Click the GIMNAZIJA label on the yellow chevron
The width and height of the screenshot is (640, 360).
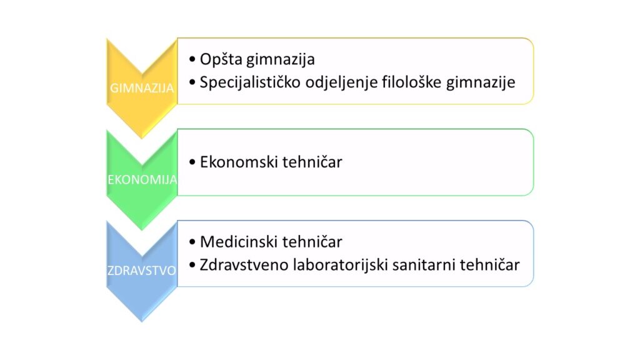click(142, 87)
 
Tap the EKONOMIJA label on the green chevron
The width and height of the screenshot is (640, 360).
click(142, 179)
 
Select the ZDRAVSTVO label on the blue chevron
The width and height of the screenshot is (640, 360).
click(142, 270)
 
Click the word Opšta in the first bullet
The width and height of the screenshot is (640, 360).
click(221, 59)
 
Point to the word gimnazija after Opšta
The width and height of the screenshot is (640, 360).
click(281, 59)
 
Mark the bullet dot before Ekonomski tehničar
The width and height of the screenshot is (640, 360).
click(192, 162)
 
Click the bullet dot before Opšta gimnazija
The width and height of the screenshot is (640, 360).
click(192, 59)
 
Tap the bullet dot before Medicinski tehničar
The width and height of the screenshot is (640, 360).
click(192, 242)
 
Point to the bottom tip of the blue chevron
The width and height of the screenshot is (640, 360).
click(142, 322)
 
